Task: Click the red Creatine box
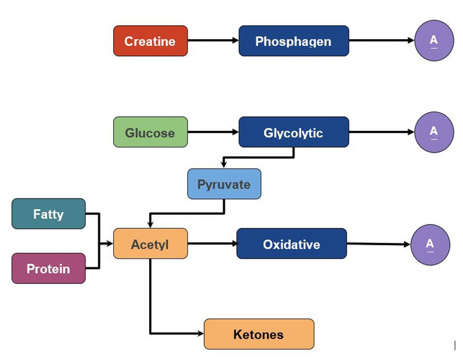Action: [150, 41]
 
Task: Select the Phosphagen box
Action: [294, 41]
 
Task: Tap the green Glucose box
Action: [150, 132]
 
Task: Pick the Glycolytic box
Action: [294, 132]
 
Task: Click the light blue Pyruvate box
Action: [224, 184]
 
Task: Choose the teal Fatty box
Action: [48, 213]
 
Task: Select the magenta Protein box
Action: [48, 268]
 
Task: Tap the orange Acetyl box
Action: [150, 243]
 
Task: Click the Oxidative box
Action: [292, 243]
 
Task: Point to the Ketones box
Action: [259, 334]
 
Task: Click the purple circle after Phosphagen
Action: [434, 41]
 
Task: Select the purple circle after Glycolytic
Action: [434, 132]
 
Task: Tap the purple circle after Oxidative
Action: [430, 244]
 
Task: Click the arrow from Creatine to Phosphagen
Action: [213, 40]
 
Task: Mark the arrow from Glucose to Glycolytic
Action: [213, 132]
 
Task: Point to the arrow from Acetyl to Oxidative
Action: [211, 243]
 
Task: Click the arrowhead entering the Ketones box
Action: [200, 334]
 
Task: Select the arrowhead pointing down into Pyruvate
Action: [224, 164]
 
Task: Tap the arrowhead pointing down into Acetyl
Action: [150, 224]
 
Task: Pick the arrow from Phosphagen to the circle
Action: [381, 41]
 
